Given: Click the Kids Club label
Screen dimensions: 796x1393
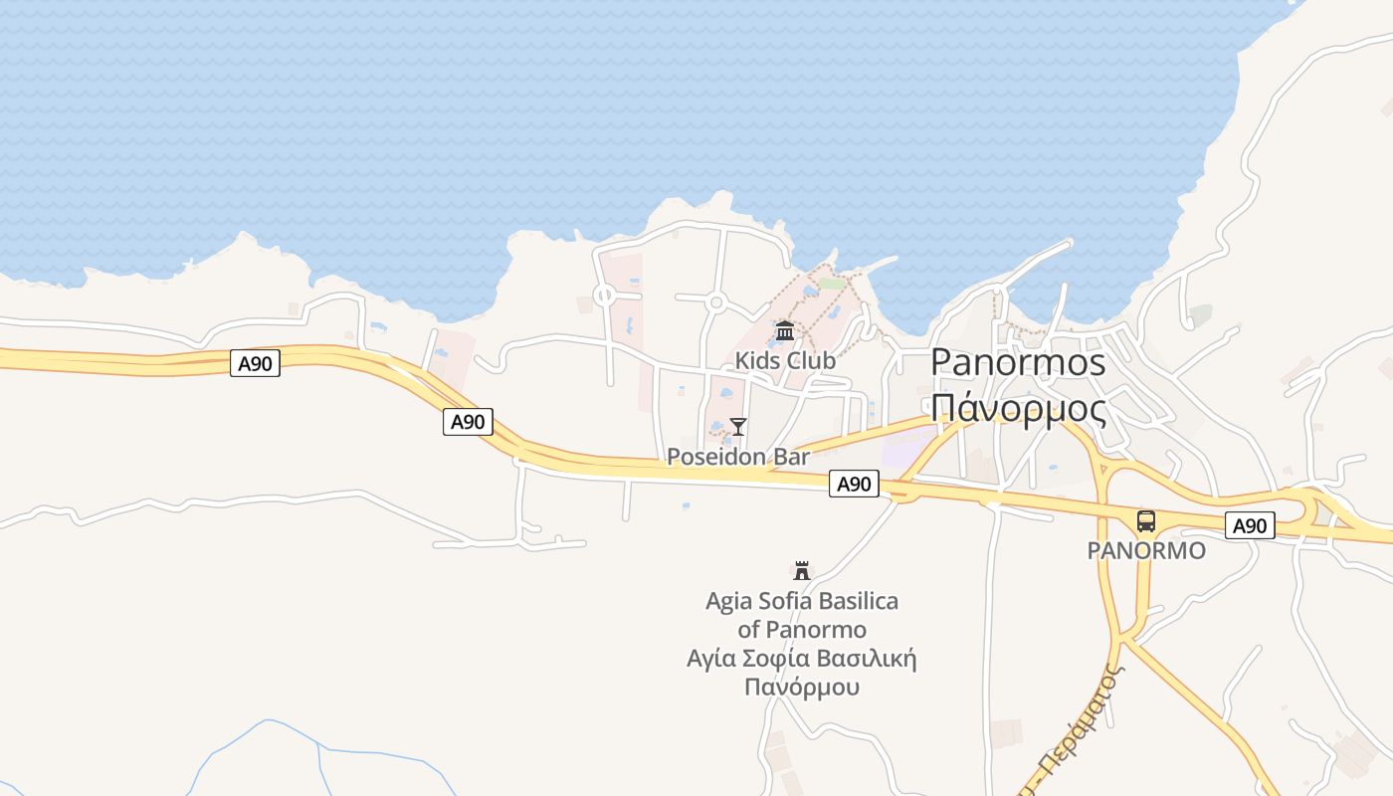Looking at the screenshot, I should click(785, 360).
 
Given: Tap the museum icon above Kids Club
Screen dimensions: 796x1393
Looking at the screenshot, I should click(785, 330).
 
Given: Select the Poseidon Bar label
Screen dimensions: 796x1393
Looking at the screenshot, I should click(738, 457).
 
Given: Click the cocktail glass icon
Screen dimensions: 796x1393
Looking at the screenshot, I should click(737, 427).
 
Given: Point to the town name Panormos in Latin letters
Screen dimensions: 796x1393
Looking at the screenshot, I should click(1018, 362).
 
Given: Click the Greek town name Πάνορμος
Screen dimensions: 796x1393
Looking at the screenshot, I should click(1018, 408).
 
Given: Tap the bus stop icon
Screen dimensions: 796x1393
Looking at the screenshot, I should click(1146, 521).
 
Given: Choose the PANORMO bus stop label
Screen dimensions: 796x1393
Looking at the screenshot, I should click(1146, 550).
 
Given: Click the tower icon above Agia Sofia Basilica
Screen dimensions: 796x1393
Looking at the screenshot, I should click(801, 571).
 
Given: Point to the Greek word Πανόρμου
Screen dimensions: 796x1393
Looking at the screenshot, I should click(802, 687).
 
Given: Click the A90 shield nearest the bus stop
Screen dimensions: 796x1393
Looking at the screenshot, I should click(1250, 525).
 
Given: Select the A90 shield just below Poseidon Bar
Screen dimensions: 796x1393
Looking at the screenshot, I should click(854, 484).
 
